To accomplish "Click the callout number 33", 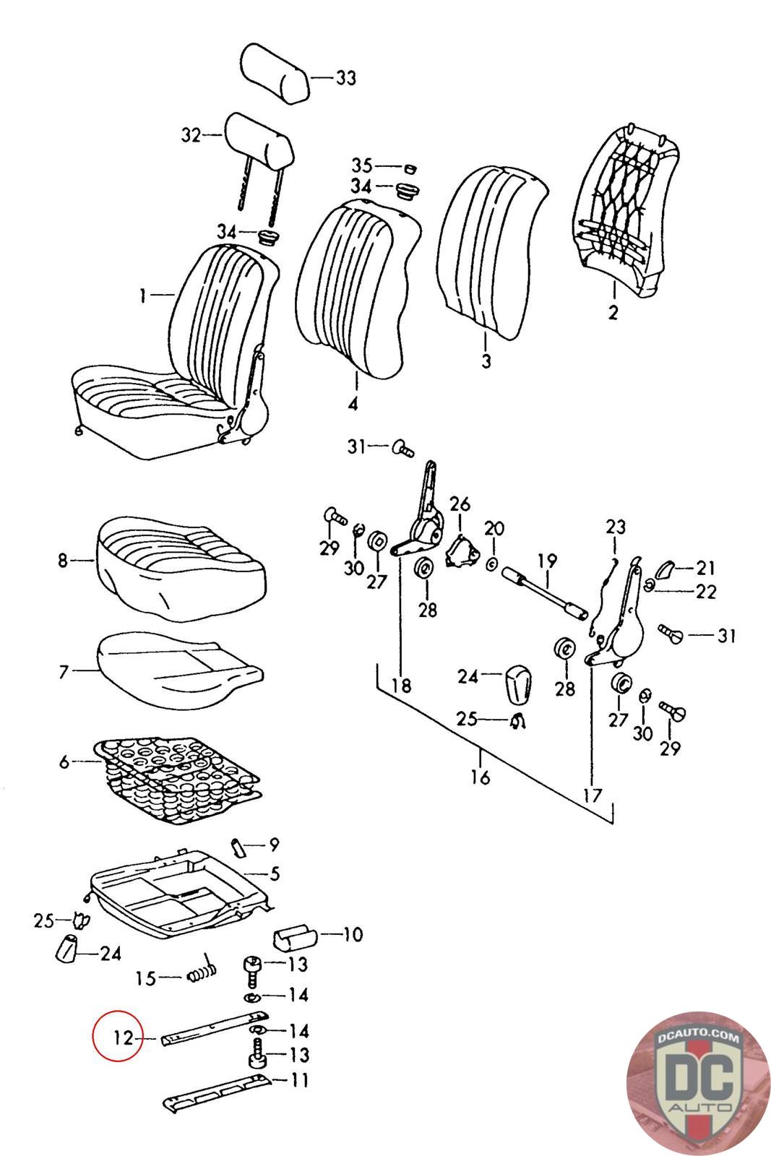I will (346, 77).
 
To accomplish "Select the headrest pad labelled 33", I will (275, 72).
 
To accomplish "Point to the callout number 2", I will (613, 313).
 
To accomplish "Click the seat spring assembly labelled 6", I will (177, 780).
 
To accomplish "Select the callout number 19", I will (547, 560).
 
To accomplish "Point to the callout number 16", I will (480, 777).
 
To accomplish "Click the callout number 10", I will (352, 935).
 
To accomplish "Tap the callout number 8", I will (62, 560).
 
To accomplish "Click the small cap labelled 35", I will (409, 168).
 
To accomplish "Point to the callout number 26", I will (460, 504).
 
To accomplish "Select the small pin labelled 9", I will (238, 845).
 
